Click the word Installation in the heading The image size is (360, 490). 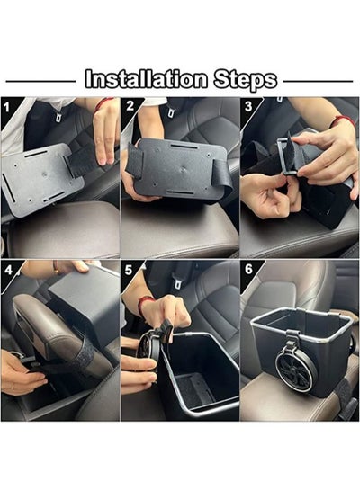pyautogui.click(x=146, y=79)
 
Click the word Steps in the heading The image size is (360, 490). pyautogui.click(x=246, y=80)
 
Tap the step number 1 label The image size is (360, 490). pyautogui.click(x=6, y=108)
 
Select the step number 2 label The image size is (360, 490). pyautogui.click(x=130, y=106)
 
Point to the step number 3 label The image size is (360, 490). pyautogui.click(x=248, y=106)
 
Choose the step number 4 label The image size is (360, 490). pyautogui.click(x=8, y=270)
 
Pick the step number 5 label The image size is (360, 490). pyautogui.click(x=129, y=270)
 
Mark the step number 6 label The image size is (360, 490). pyautogui.click(x=248, y=269)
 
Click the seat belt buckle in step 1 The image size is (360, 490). pyautogui.click(x=58, y=116)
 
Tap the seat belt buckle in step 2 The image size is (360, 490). pyautogui.click(x=170, y=111)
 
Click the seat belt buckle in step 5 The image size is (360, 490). pyautogui.click(x=178, y=282)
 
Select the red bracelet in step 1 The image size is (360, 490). pyautogui.click(x=103, y=102)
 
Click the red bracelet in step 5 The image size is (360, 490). pyautogui.click(x=144, y=305)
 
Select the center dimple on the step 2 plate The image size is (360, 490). pyautogui.click(x=183, y=170)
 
